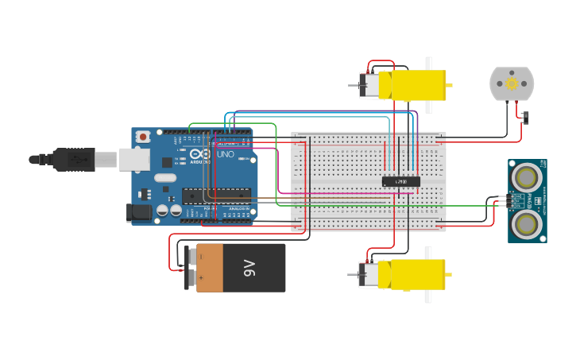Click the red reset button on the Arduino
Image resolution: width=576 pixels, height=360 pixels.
point(143,137)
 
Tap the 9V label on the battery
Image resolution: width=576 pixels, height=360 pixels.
point(249,268)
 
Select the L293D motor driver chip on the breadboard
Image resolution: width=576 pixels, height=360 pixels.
point(401,181)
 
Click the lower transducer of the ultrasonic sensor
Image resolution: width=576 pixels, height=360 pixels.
point(526,225)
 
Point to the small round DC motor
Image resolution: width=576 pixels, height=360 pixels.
point(512,83)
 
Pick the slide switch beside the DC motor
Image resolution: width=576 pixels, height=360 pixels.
point(526,118)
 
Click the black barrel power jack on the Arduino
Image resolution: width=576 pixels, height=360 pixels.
point(139,212)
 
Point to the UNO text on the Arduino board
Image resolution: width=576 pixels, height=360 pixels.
point(225,154)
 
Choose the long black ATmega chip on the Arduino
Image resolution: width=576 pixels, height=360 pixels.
point(215,195)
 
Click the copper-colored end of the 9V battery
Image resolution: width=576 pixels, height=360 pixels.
point(211,268)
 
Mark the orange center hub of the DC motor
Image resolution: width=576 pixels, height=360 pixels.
point(512,83)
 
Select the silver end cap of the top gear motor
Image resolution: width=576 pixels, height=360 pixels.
point(369,85)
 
